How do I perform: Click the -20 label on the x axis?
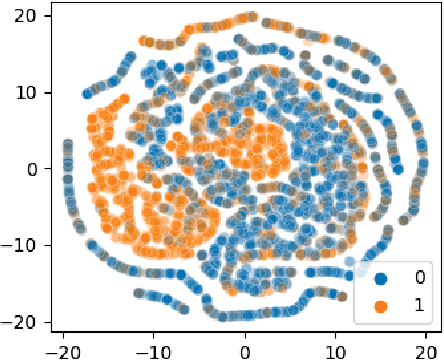62,350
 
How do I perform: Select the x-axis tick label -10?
152,350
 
